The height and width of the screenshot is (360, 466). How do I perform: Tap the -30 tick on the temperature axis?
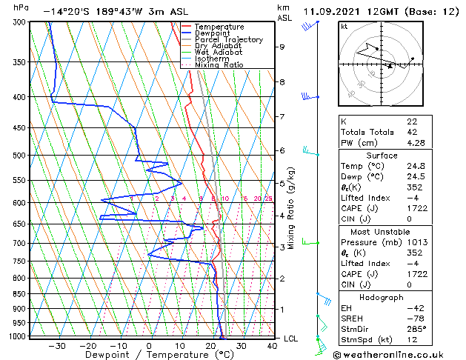[56, 345]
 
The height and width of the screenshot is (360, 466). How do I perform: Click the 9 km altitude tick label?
[282, 47]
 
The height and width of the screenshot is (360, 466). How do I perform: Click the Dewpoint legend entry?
[210, 33]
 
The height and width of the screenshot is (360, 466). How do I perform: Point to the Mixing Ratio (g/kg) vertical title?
[291, 208]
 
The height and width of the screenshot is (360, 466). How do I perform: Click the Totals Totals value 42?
[411, 131]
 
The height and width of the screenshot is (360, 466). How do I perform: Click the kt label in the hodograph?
[344, 26]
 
